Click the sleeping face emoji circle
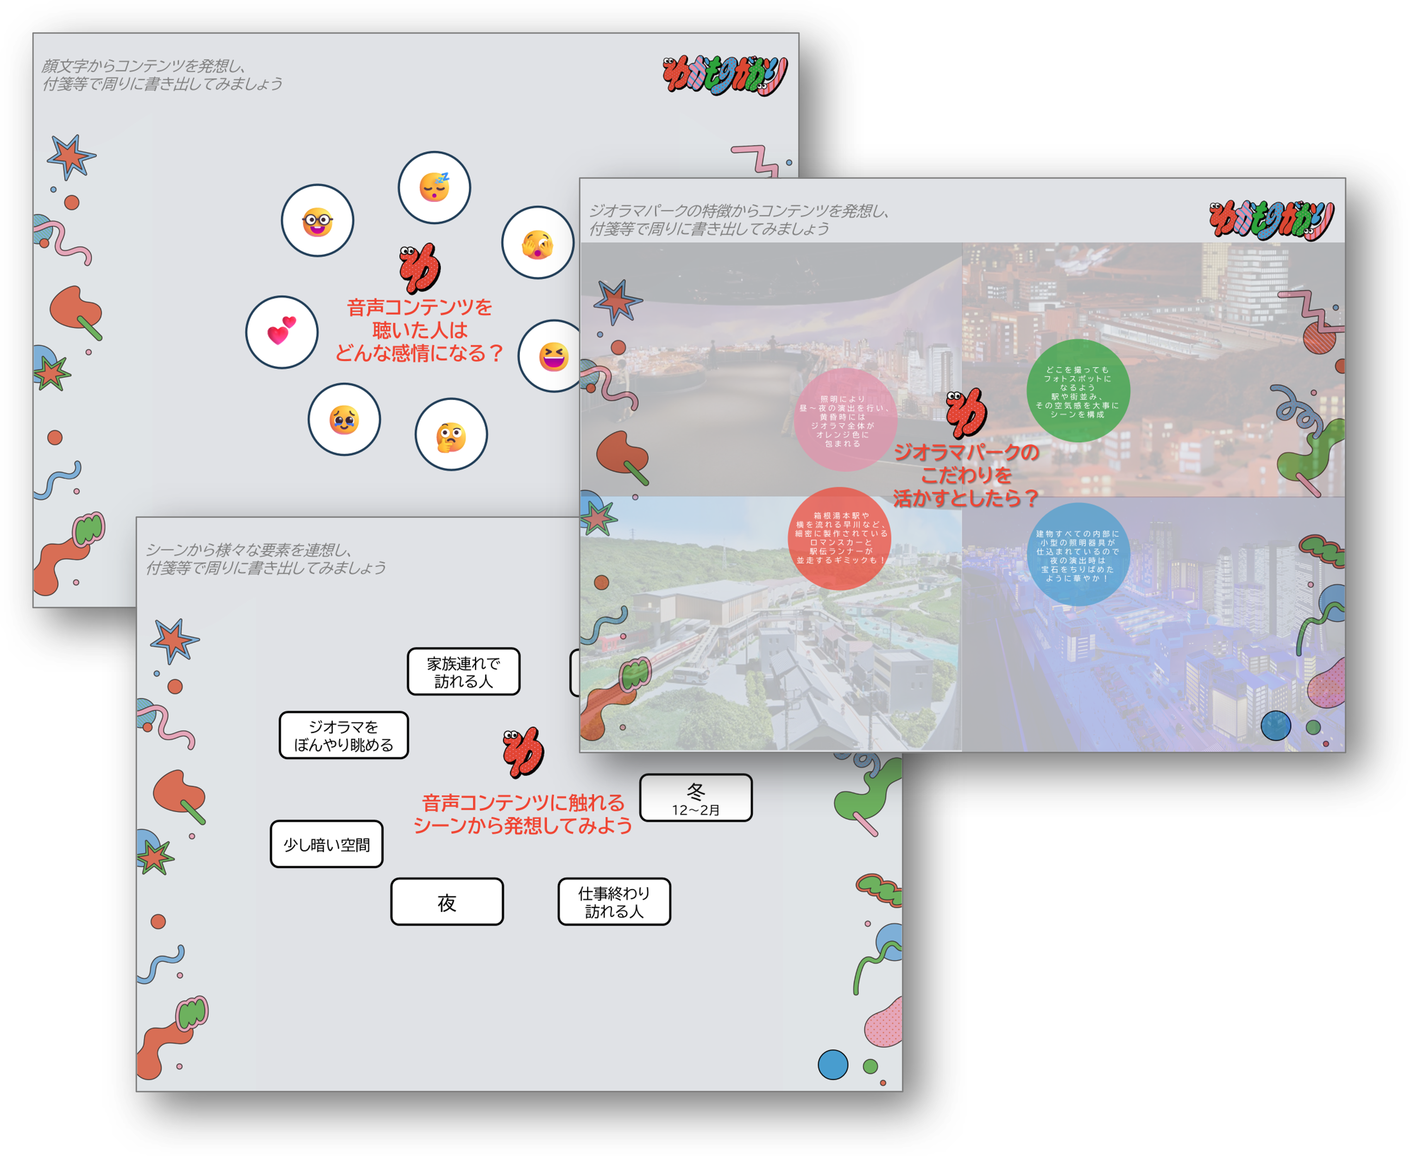[434, 188]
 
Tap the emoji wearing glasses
[317, 221]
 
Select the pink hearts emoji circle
[282, 332]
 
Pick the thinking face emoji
[451, 435]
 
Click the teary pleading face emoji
[344, 420]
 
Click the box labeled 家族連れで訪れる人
[464, 672]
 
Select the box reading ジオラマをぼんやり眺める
[343, 735]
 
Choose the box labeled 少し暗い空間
[327, 844]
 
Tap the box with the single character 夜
[447, 902]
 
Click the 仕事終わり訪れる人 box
[614, 902]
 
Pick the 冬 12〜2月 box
[696, 798]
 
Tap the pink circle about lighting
[845, 420]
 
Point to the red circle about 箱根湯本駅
[840, 538]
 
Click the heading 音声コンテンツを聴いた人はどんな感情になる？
[420, 330]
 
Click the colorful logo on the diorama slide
[1271, 220]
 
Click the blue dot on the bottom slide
[832, 1064]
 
